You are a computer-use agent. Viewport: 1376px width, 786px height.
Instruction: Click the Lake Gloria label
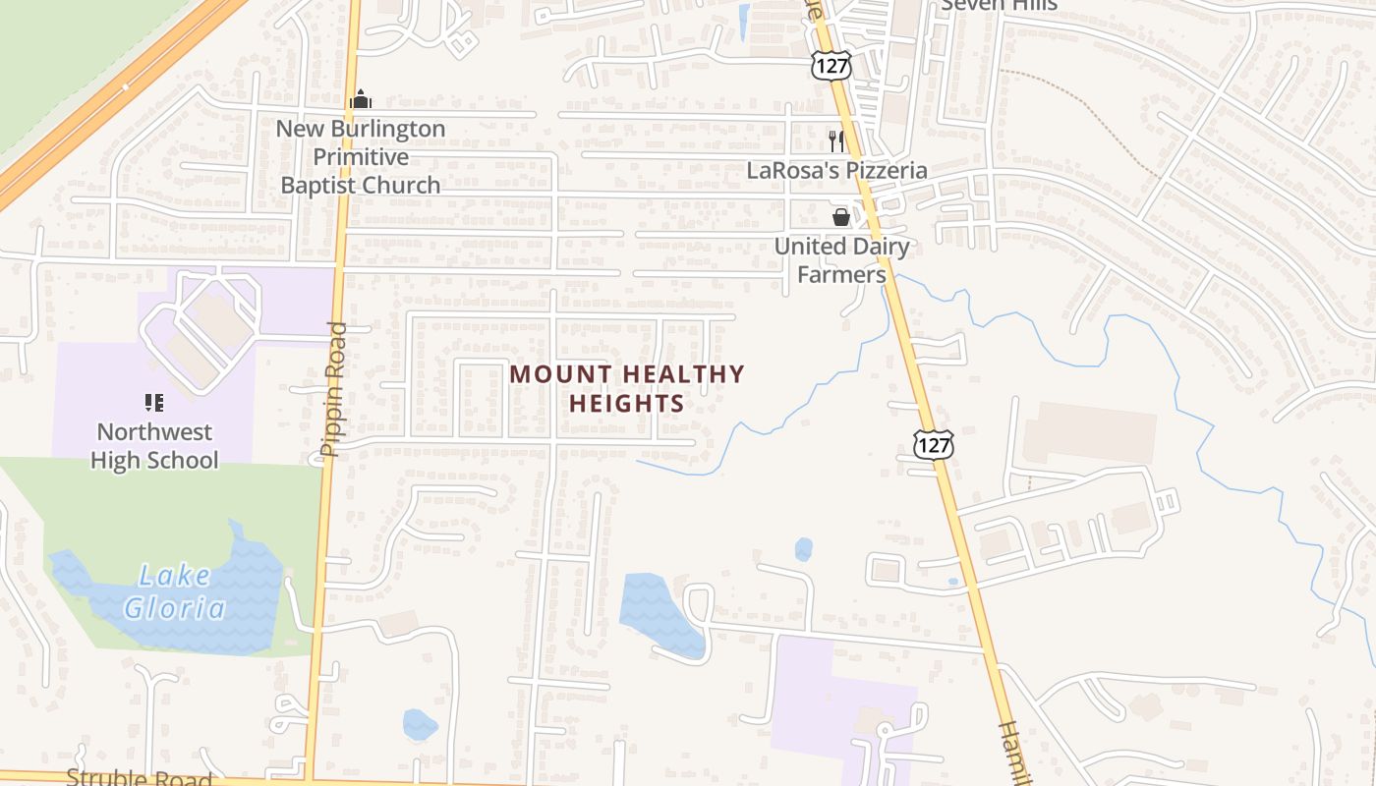point(175,591)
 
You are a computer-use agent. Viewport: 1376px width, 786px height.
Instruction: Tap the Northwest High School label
point(154,445)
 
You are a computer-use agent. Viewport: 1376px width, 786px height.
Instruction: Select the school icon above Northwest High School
point(153,402)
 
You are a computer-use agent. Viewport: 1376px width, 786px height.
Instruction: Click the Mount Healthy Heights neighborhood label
point(627,388)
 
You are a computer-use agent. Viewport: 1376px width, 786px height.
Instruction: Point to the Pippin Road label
point(335,389)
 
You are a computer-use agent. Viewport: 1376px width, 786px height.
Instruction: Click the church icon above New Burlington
point(361,99)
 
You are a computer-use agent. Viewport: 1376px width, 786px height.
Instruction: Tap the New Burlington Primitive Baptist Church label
point(361,156)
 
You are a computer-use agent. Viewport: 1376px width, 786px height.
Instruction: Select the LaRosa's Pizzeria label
point(836,170)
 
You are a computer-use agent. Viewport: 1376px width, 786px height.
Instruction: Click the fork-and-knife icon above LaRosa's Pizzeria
point(835,140)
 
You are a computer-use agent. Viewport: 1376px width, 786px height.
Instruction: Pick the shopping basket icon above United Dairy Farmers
point(841,217)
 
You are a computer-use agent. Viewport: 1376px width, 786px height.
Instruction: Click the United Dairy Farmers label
point(841,260)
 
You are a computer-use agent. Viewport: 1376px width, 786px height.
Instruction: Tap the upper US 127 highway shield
point(831,66)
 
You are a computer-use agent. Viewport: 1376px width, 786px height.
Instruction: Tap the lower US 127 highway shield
point(932,444)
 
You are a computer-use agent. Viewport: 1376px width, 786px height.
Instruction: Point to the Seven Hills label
point(999,5)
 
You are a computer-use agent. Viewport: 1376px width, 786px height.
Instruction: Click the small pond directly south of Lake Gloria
point(419,725)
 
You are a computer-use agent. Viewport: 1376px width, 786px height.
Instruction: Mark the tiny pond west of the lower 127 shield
point(804,549)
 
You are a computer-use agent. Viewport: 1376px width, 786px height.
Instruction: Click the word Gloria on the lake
point(175,608)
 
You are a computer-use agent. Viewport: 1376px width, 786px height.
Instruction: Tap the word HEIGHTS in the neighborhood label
point(627,403)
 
